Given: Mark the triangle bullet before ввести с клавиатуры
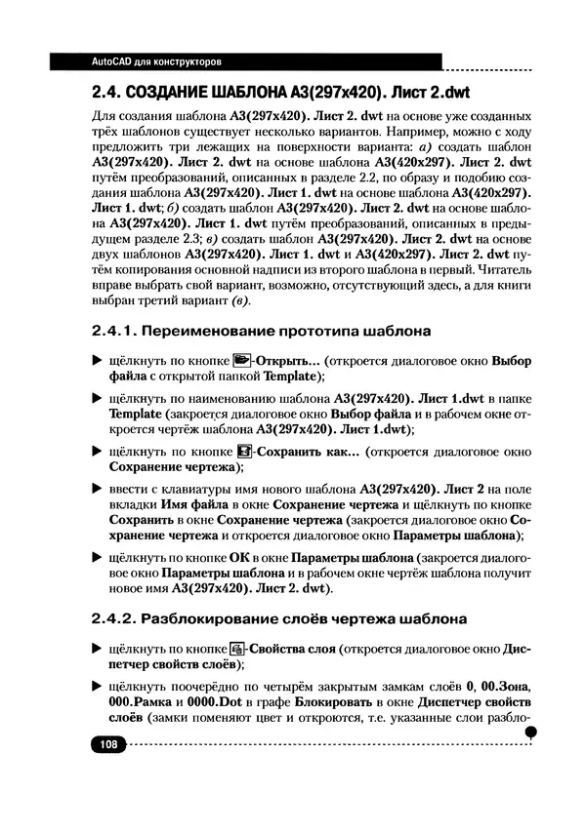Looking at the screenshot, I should pyautogui.click(x=96, y=488).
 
